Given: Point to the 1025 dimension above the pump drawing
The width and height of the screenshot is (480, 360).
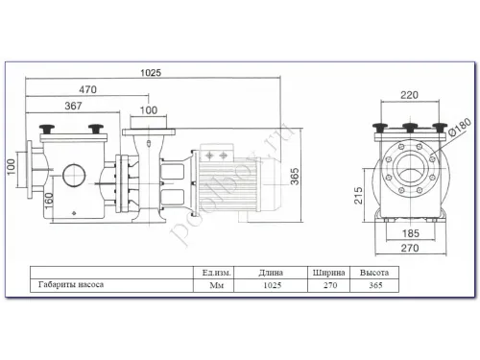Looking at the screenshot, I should [x=150, y=71].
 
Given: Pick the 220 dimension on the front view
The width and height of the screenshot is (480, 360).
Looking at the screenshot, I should [x=410, y=96].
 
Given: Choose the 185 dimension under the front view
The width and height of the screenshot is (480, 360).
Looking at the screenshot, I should [x=411, y=232].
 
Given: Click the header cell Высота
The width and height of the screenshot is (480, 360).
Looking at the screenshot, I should [x=372, y=273].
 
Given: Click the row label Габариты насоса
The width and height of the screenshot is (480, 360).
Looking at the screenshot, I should [x=67, y=285].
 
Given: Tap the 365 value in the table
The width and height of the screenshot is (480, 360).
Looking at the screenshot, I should [x=372, y=285].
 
